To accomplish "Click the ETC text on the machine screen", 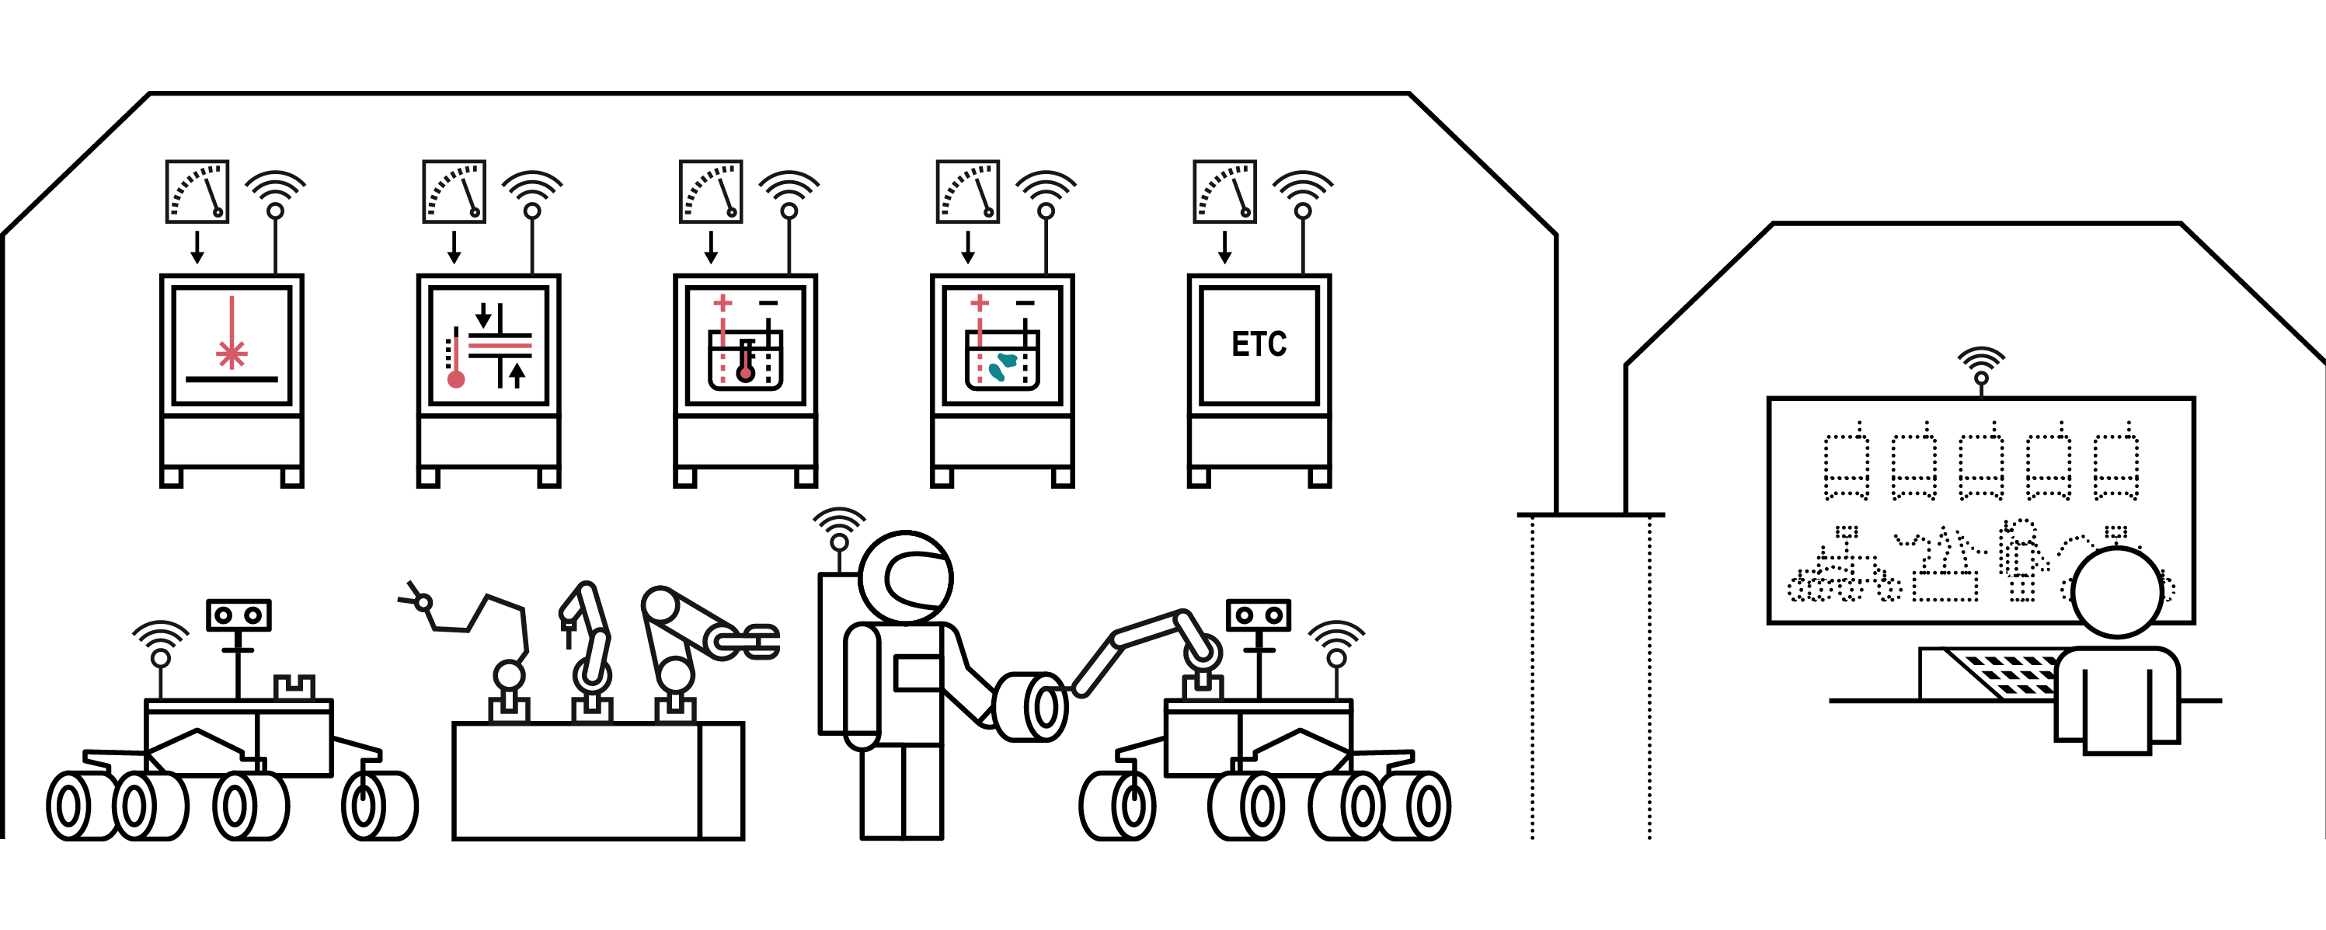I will click(x=1259, y=344).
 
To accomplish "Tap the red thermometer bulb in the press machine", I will click(x=456, y=379).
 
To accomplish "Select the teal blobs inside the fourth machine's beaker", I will click(x=1002, y=366).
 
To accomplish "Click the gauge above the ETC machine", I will click(x=1224, y=191).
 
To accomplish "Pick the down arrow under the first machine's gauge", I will click(x=197, y=247).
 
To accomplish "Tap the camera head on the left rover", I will click(x=239, y=615).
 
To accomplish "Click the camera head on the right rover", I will click(x=1258, y=615).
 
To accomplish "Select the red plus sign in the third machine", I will click(x=723, y=303).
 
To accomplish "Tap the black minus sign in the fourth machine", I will click(x=1025, y=302).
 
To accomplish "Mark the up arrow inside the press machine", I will click(x=517, y=374).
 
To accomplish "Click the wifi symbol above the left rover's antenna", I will click(x=161, y=637).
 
